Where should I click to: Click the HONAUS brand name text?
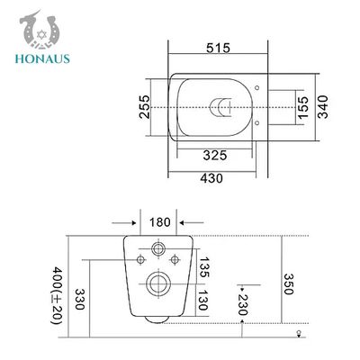pos(42,58)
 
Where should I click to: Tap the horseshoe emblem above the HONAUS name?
pos(39,31)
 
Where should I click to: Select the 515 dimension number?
pos(218,48)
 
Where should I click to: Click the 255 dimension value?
pos(144,107)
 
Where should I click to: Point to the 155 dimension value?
pos(302,107)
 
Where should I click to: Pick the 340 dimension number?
pos(323,107)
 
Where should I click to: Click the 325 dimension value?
pos(215,156)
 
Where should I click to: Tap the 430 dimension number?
pos(211,178)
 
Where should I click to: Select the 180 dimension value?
pos(160,222)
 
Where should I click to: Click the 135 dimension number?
pos(204,267)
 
